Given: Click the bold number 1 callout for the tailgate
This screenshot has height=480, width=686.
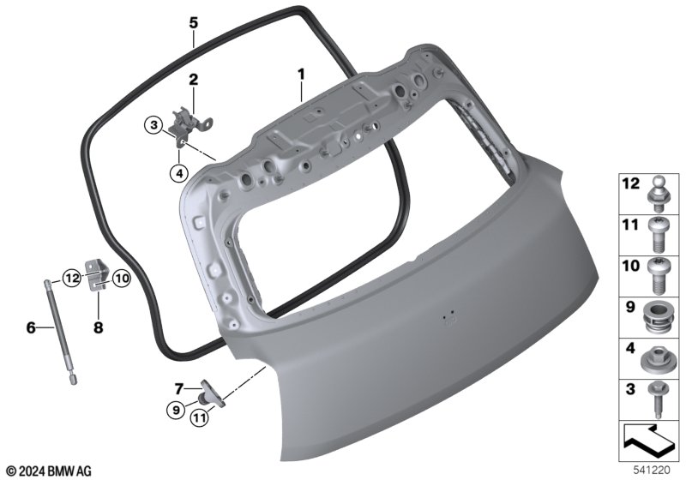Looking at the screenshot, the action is click(301, 75).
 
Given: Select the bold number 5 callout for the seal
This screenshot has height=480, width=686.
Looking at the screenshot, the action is click(194, 22).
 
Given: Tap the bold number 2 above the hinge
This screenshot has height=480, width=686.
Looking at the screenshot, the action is click(193, 80).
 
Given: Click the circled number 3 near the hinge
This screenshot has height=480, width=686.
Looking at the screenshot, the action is click(154, 125).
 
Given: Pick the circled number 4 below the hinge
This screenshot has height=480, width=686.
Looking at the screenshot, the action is click(179, 173).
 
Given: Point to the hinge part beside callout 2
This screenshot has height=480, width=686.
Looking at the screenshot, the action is click(191, 123).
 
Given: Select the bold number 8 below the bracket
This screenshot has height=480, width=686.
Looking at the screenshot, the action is click(98, 327).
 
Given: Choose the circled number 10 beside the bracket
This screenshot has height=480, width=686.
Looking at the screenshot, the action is click(122, 278).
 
